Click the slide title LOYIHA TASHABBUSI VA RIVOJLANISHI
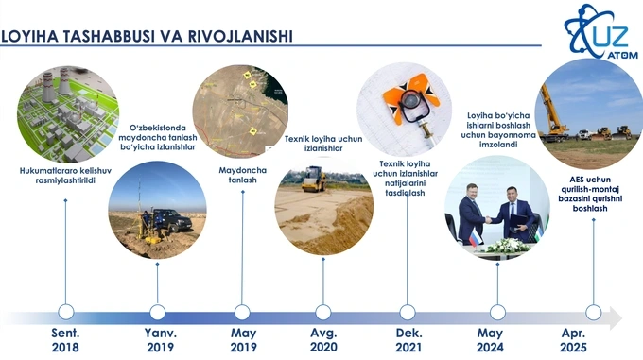(147, 36)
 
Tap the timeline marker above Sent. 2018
(66, 312)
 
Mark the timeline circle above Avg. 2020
(323, 312)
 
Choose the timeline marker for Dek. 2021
(408, 312)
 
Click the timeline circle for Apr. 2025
(594, 312)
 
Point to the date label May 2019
(243, 340)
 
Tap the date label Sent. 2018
(65, 340)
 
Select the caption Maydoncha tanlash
(243, 174)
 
